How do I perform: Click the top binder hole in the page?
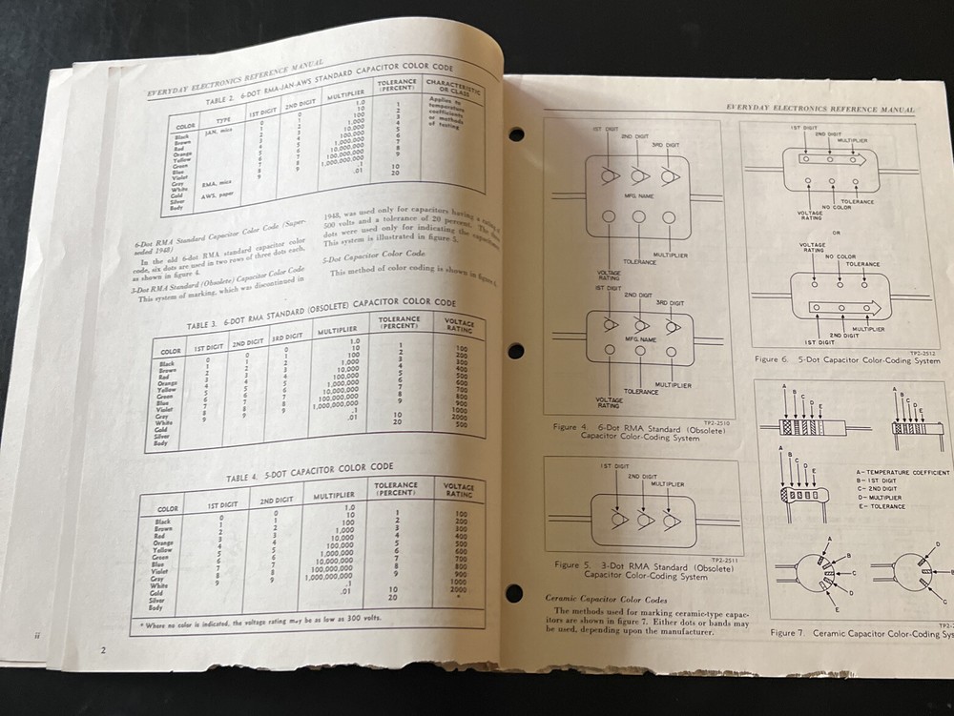click(516, 134)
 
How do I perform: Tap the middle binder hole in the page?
click(516, 351)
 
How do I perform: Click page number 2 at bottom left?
click(102, 650)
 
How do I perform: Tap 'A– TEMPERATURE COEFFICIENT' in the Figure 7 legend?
click(902, 473)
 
